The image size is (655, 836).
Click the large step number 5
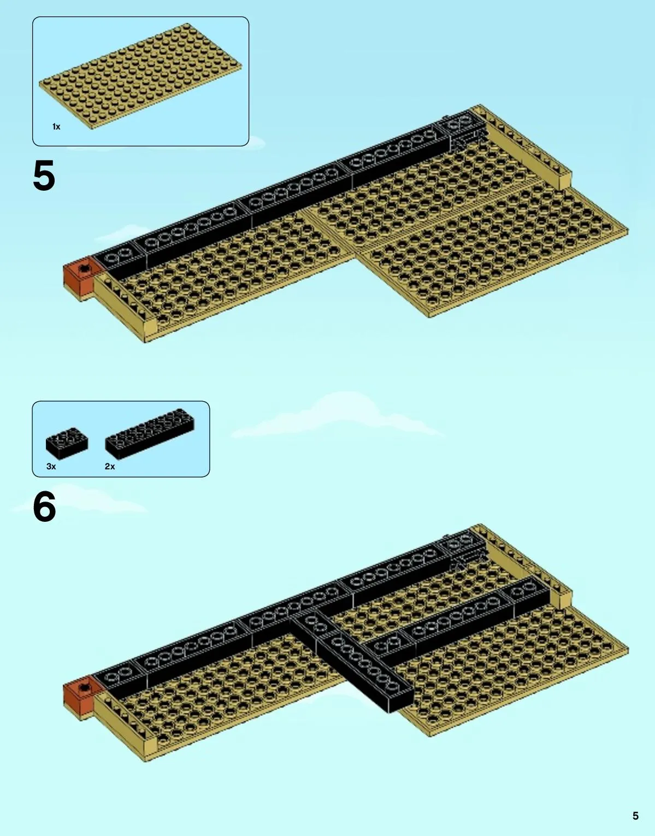(x=44, y=176)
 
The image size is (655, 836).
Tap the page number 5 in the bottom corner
(x=635, y=816)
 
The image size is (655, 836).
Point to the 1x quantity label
(x=56, y=127)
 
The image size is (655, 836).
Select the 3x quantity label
(x=51, y=466)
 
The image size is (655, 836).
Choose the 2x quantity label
(x=110, y=466)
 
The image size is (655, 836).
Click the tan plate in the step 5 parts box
(x=140, y=76)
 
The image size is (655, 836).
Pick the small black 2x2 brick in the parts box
(x=67, y=443)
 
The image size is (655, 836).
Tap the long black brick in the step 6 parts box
(x=150, y=434)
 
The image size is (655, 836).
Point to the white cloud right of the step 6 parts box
(x=339, y=417)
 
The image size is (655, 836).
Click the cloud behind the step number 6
(x=79, y=500)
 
